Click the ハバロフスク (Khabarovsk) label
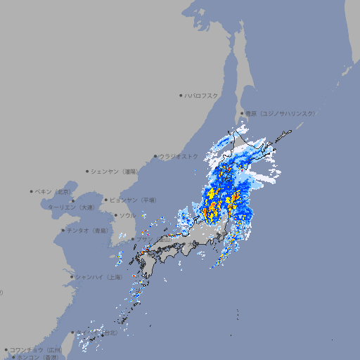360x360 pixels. pyautogui.click(x=201, y=95)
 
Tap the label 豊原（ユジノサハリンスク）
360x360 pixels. pyautogui.click(x=281, y=113)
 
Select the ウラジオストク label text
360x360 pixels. pyautogui.click(x=179, y=156)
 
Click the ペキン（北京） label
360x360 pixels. pyautogui.click(x=54, y=191)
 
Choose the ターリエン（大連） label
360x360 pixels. pyautogui.click(x=71, y=207)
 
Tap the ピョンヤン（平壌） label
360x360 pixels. pyautogui.click(x=134, y=200)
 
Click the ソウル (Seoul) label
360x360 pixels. pyautogui.click(x=128, y=215)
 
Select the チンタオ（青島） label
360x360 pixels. pyautogui.click(x=88, y=230)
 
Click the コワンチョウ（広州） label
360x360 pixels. pyautogui.click(x=36, y=349)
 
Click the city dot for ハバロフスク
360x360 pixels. pyautogui.click(x=181, y=95)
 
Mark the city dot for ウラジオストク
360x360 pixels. pyautogui.click(x=155, y=156)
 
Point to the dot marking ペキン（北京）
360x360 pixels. pyautogui.click(x=32, y=191)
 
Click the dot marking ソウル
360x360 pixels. pyautogui.click(x=115, y=215)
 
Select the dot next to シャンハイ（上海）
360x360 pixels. pyautogui.click(x=72, y=277)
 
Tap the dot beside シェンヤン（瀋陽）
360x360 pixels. pyautogui.click(x=87, y=171)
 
